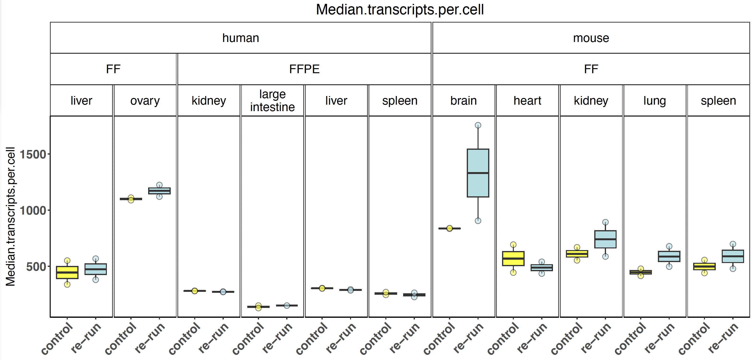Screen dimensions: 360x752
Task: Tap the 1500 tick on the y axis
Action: tap(33, 154)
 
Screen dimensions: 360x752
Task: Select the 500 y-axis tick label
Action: tap(36, 267)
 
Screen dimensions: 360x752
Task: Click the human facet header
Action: tap(241, 38)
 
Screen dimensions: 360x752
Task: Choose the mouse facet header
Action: tap(591, 38)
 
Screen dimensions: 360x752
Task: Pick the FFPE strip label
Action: tap(304, 69)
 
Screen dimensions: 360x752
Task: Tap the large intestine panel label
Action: tap(272, 101)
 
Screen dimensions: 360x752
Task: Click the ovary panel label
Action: tap(145, 101)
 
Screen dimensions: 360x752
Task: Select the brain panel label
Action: tap(464, 101)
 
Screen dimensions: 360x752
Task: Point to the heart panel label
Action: tap(527, 101)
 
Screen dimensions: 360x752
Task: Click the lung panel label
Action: tap(655, 101)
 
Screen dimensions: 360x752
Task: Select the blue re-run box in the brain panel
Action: tap(478, 173)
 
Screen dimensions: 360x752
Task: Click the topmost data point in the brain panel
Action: tap(478, 125)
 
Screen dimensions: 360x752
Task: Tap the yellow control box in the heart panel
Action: tap(513, 258)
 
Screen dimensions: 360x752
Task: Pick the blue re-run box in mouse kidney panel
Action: tap(606, 239)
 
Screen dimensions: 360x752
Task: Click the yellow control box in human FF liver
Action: tap(67, 272)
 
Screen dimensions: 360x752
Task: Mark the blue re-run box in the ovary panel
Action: tap(159, 191)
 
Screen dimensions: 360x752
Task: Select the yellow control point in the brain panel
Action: tap(449, 228)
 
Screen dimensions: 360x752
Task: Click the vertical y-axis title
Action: tap(11, 216)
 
